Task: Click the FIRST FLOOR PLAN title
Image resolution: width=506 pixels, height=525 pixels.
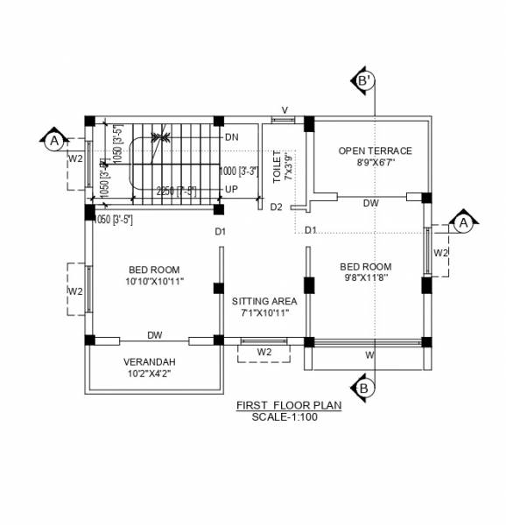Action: point(288,406)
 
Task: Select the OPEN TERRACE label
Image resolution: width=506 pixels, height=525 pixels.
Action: point(375,151)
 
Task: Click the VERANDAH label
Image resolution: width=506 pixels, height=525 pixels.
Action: point(149,362)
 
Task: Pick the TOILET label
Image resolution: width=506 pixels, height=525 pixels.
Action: point(278,165)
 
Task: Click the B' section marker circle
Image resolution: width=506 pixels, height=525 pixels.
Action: point(365,80)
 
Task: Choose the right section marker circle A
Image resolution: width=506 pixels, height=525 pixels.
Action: point(461,223)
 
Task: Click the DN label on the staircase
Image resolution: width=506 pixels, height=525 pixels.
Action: point(231,137)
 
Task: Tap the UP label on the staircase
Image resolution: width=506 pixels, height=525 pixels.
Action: point(231,189)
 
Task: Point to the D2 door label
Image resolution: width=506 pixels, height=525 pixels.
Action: point(276,207)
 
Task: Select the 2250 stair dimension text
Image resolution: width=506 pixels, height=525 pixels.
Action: point(175,190)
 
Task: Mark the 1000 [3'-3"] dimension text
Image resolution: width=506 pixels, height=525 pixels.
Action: point(238,171)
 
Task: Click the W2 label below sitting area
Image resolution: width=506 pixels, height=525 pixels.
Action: point(264,352)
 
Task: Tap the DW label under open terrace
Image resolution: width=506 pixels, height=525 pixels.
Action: point(371,202)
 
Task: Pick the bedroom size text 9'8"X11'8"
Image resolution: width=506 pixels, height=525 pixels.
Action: point(366,276)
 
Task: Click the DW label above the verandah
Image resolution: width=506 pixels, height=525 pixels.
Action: point(155,335)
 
